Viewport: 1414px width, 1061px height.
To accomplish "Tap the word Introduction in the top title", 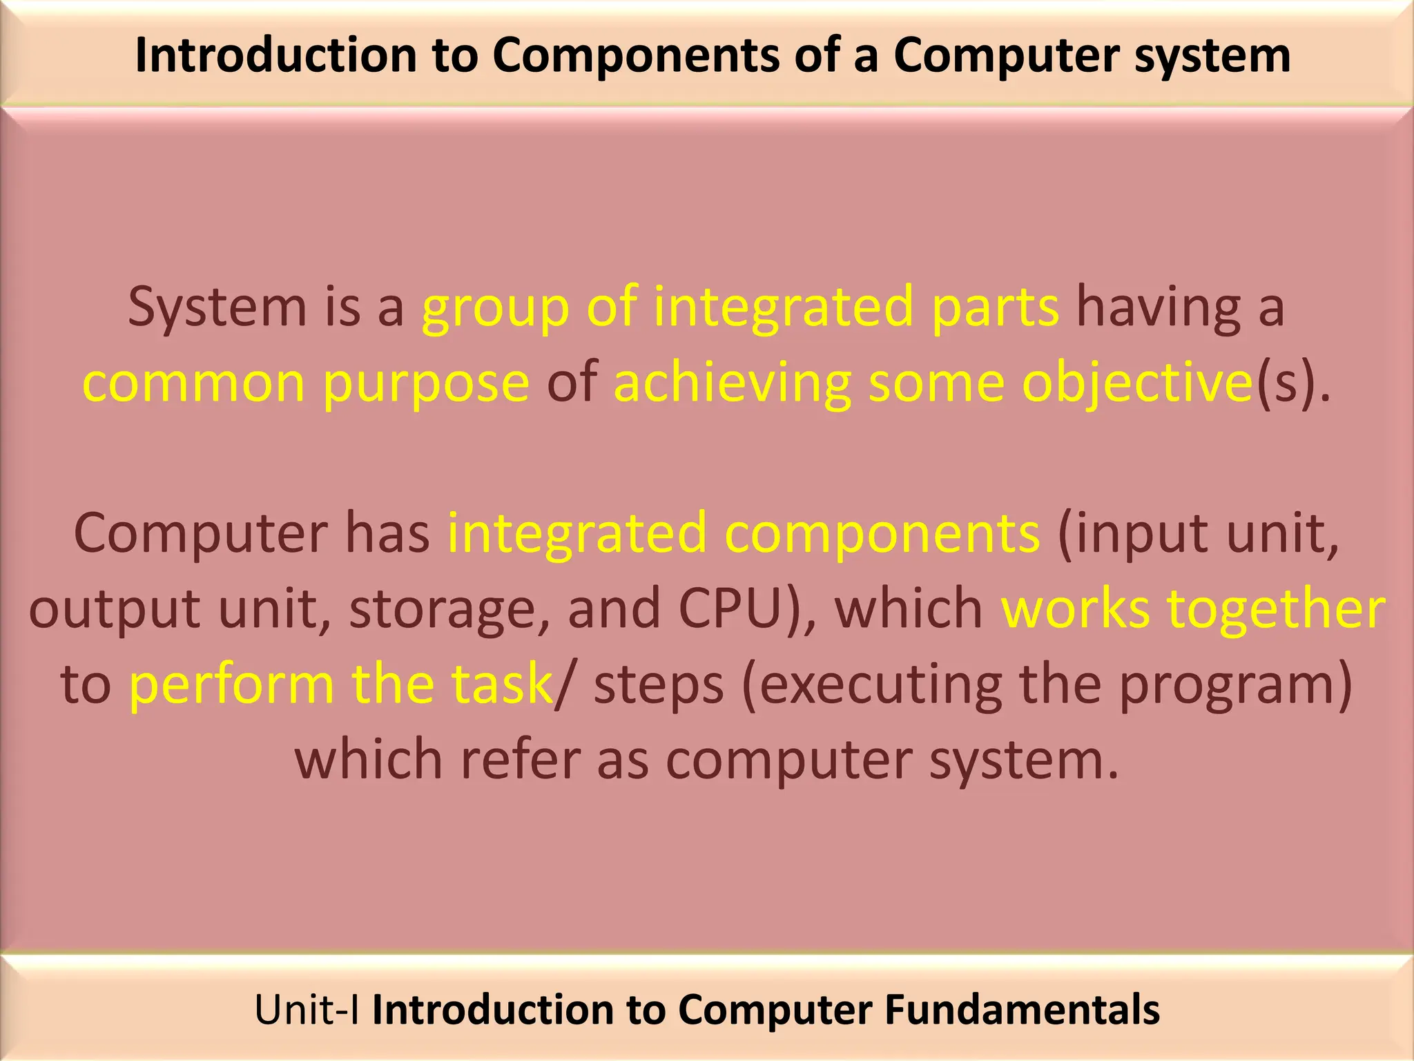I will (x=276, y=55).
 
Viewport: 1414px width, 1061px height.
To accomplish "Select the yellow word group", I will (x=496, y=308).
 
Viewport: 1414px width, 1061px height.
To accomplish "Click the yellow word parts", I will (x=994, y=307).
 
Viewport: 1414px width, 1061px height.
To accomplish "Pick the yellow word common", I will (x=193, y=383).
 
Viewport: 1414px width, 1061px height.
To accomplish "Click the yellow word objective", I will (x=1136, y=383).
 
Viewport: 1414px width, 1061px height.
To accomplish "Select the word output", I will (x=115, y=610).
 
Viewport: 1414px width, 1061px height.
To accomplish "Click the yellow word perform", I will (x=231, y=685).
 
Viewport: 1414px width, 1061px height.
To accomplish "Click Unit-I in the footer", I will (x=307, y=1010).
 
